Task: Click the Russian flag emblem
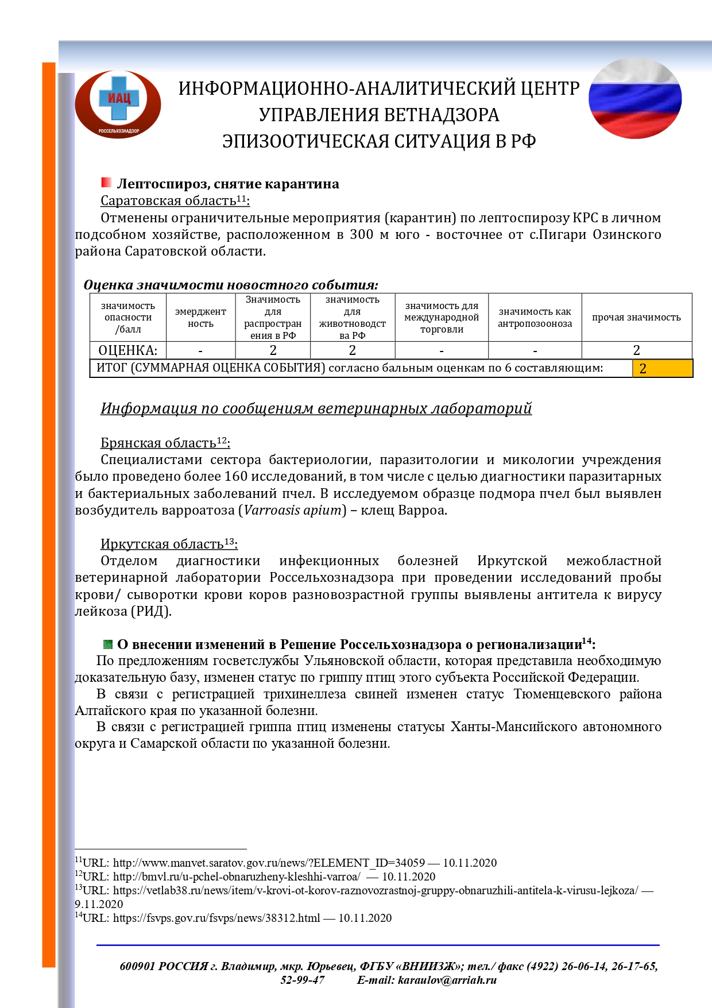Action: (634, 98)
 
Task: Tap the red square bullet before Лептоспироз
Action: (106, 183)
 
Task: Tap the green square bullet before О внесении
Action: (107, 644)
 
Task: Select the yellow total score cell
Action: (662, 368)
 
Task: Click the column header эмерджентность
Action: (200, 318)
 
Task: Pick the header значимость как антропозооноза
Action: (535, 318)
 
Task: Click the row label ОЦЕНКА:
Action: (127, 350)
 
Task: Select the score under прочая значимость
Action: (636, 350)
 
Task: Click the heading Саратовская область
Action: (168, 201)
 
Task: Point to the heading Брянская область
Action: (158, 443)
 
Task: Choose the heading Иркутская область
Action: (162, 544)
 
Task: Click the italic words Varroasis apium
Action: (292, 510)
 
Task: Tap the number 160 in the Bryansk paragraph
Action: (237, 477)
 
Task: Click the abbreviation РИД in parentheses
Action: (152, 611)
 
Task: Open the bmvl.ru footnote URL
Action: (237, 876)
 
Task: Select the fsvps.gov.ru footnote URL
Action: (216, 918)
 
